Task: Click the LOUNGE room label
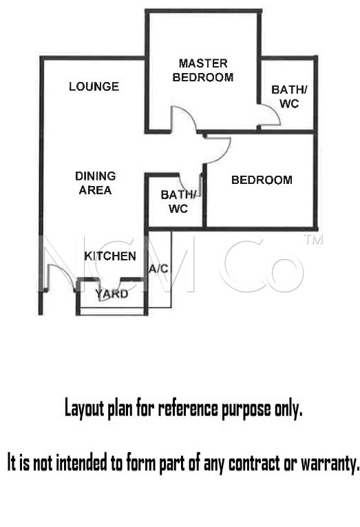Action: [x=94, y=87]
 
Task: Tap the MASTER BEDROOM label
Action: [x=203, y=70]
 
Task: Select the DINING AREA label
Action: [x=96, y=183]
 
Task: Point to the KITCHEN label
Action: [x=110, y=256]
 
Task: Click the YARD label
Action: [x=112, y=294]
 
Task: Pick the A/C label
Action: [x=158, y=269]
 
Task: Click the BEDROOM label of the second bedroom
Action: [x=262, y=180]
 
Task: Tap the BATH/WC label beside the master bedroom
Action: [x=289, y=96]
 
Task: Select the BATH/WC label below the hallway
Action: [x=178, y=202]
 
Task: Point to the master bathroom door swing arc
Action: [x=274, y=111]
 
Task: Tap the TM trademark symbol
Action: [x=313, y=239]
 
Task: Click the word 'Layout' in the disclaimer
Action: [x=85, y=409]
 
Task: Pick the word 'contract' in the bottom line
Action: [x=254, y=464]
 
